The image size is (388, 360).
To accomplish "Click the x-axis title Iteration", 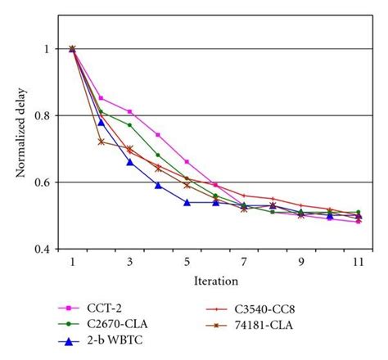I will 216,281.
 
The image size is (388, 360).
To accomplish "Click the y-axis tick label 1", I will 52,49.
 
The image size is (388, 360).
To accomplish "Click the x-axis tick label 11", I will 359,262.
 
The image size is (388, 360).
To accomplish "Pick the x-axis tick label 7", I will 244,262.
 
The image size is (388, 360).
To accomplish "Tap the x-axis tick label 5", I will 187,262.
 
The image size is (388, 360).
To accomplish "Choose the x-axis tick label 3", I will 129,262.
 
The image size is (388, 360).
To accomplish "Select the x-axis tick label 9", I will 301,262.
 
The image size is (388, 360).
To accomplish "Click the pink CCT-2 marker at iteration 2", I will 101,98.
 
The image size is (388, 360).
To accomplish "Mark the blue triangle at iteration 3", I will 129,162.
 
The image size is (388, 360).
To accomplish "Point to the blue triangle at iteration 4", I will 158,185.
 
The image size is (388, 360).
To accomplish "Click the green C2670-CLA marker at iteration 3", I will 129,125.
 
